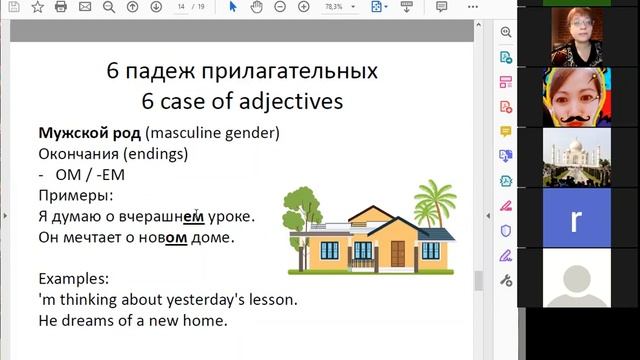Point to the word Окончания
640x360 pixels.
pos(83,154)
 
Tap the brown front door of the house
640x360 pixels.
pos(398,254)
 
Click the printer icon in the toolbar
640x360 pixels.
pos(61,7)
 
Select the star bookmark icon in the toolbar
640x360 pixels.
pos(37,7)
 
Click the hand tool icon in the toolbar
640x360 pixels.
pos(257,7)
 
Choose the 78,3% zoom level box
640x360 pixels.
pos(335,7)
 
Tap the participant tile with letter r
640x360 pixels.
pos(575,220)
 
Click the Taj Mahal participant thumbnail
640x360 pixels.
pos(575,157)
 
